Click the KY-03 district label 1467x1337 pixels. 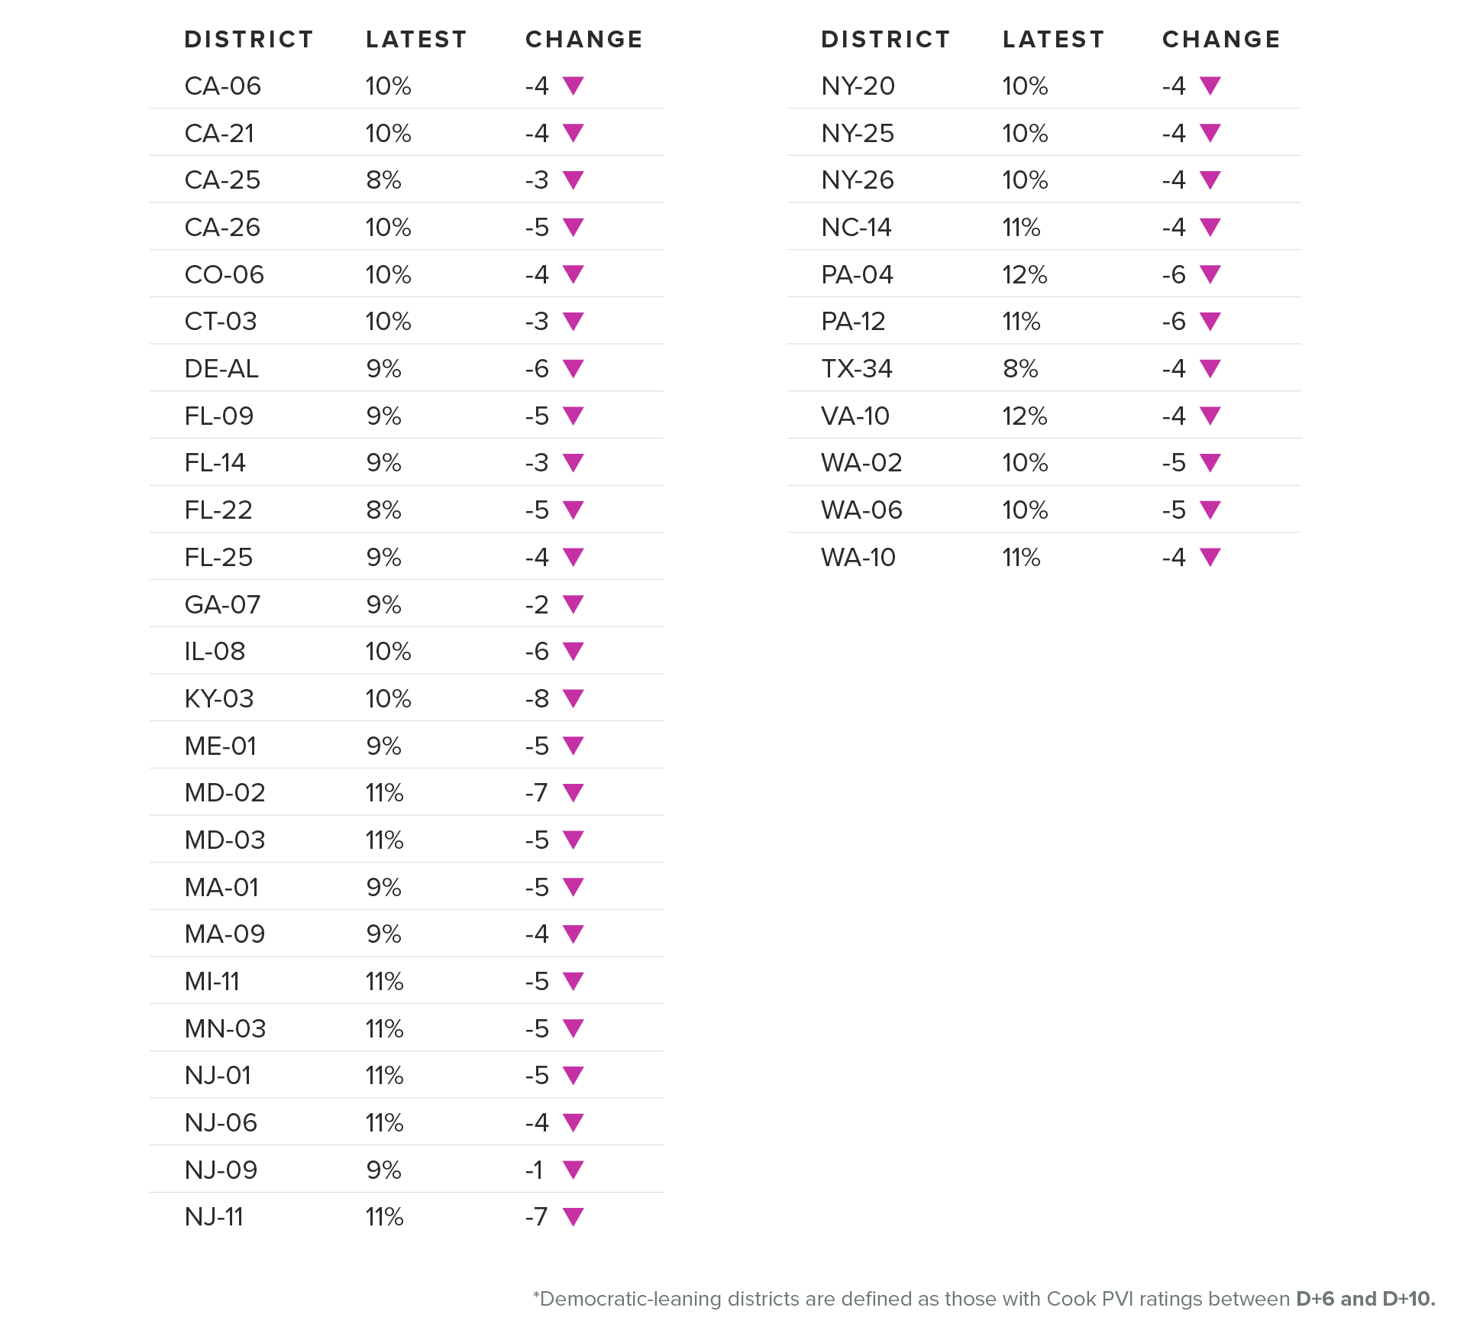pyautogui.click(x=219, y=698)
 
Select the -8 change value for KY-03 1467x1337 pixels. pyautogui.click(x=537, y=698)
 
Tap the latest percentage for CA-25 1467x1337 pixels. pyautogui.click(x=383, y=180)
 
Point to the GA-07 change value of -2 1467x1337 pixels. pyautogui.click(x=537, y=604)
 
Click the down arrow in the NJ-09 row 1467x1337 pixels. pyautogui.click(x=574, y=1169)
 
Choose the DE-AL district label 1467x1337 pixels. pyautogui.click(x=221, y=369)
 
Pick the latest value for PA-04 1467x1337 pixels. pyautogui.click(x=1025, y=275)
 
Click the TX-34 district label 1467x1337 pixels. pyautogui.click(x=857, y=369)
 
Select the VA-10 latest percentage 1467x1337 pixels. pyautogui.click(x=1025, y=416)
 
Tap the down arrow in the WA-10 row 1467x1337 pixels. pyautogui.click(x=1210, y=557)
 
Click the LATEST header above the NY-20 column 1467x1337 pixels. pyautogui.click(x=1054, y=40)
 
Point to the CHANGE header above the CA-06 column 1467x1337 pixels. pyautogui.click(x=584, y=40)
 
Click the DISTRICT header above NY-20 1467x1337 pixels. pyautogui.click(x=886, y=40)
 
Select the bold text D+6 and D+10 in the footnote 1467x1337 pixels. pyautogui.click(x=1365, y=1299)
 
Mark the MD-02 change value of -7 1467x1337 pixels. pyautogui.click(x=537, y=793)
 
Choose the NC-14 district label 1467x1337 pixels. pyautogui.click(x=857, y=228)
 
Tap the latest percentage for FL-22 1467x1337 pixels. pyautogui.click(x=383, y=510)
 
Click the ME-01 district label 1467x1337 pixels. pyautogui.click(x=221, y=746)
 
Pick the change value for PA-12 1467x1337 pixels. pyautogui.click(x=1174, y=322)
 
